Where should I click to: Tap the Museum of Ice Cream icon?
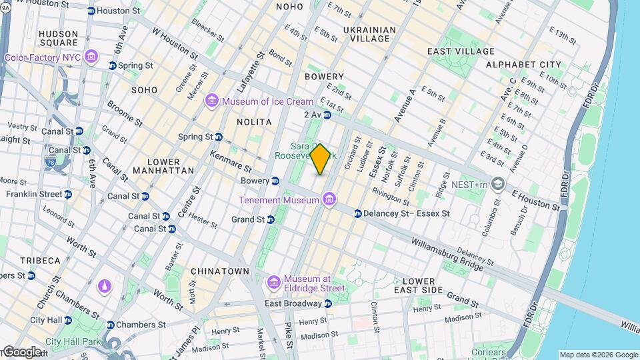pos(212,101)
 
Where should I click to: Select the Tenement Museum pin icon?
pos(329,199)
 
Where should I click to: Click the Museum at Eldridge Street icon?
pos(273,283)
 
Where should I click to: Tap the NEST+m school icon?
pos(498,183)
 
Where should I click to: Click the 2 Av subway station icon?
pos(327,115)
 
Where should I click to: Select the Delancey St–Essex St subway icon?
pos(357,214)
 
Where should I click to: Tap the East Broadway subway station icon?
pos(327,304)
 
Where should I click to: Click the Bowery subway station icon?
pos(275,181)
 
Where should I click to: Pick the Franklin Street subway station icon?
pos(68,194)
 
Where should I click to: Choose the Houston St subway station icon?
pos(91,11)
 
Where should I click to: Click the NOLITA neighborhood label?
pos(254,122)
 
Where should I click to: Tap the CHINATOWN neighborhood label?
pos(219,271)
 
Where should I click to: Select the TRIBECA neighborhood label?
pos(39,260)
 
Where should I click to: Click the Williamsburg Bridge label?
pos(447,253)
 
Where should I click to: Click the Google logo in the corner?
pos(21,351)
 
